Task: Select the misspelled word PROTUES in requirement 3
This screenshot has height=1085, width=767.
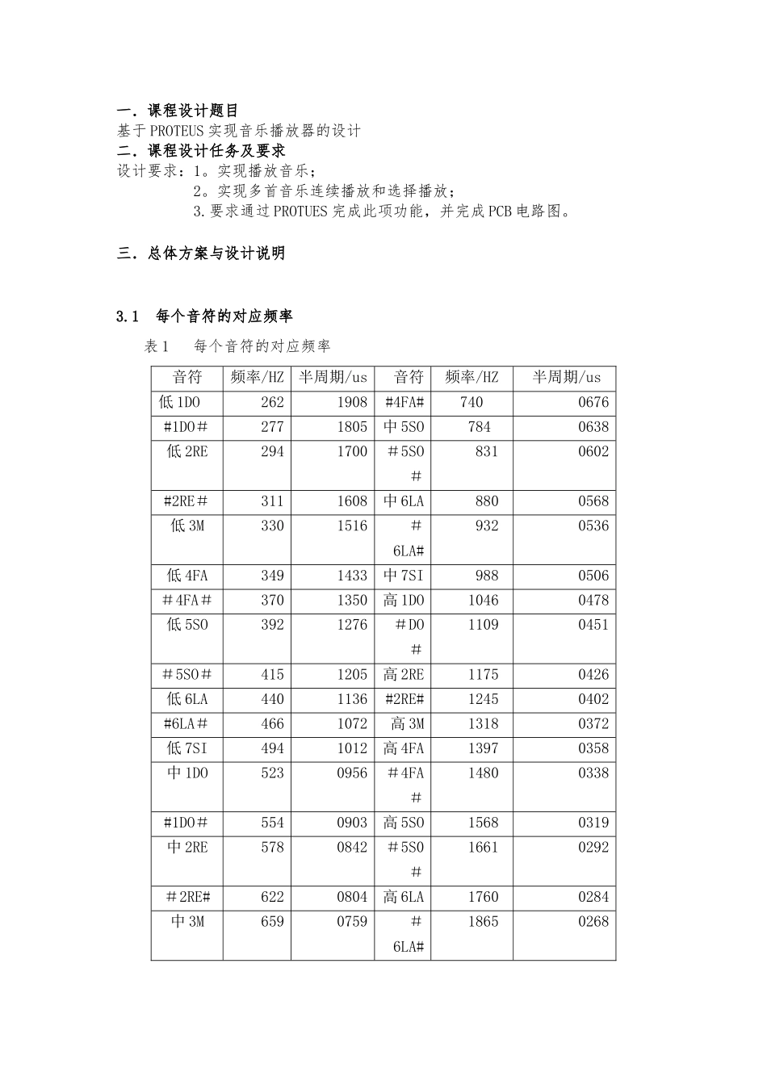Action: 300,212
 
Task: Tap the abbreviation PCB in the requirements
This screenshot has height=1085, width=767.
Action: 501,212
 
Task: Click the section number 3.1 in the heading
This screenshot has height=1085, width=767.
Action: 129,316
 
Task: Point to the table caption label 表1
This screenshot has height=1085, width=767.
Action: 156,346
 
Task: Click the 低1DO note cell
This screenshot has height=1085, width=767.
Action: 180,403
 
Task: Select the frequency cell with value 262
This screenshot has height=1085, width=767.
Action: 272,403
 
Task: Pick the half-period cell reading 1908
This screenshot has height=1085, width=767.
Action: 352,403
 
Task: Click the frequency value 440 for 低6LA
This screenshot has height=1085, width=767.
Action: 272,699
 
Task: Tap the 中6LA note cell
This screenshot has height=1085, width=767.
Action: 404,501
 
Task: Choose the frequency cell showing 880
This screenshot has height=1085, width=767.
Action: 487,501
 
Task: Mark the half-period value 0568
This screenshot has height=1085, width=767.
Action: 593,501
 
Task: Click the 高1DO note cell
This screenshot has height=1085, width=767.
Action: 404,601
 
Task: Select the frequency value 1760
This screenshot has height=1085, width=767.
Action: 484,897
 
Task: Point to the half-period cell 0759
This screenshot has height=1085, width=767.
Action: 352,922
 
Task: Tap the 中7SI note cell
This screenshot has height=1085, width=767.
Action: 404,576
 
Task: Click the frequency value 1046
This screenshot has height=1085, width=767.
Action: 484,601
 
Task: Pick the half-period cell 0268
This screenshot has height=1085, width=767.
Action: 593,922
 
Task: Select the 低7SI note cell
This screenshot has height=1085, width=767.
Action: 187,748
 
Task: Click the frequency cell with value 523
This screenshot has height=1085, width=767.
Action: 272,773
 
